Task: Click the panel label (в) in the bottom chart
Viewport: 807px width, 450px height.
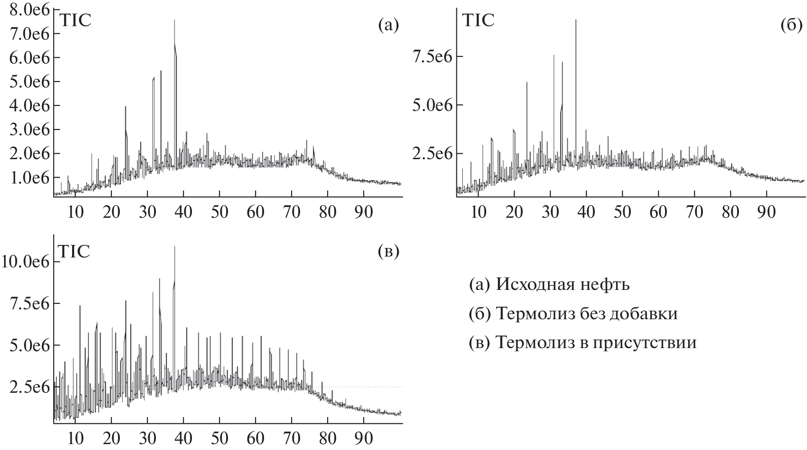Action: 388,252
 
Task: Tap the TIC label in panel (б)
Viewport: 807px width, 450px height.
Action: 479,21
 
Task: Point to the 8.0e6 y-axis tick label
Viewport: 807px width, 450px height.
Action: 28,10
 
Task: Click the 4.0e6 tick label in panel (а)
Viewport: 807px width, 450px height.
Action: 28,106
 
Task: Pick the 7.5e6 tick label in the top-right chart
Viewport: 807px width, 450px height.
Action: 432,57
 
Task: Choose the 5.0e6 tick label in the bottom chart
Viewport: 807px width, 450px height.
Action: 28,345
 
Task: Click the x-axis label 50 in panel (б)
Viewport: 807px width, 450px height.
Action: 622,211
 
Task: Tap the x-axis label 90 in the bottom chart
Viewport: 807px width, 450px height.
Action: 364,438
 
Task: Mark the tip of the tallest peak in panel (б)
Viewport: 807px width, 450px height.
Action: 576,20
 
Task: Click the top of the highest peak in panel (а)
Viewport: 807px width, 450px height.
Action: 174,20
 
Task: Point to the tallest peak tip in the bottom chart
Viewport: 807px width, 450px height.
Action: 174,247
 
